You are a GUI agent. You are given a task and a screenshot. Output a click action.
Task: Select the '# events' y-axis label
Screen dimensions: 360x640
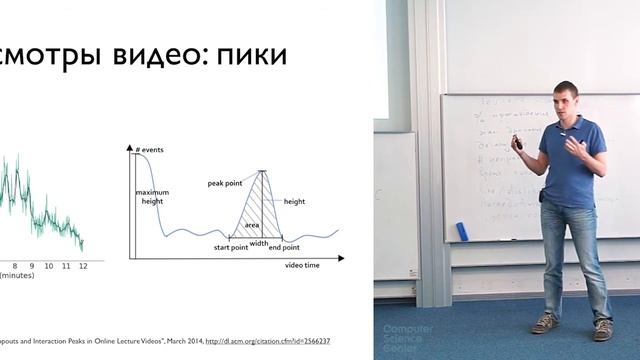coord(150,148)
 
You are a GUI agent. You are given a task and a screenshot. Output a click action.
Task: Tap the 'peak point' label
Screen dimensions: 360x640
coord(228,184)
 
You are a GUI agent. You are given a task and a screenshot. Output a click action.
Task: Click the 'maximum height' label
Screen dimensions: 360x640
coord(153,197)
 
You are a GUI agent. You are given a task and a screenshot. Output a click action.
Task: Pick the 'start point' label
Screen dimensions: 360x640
coord(235,247)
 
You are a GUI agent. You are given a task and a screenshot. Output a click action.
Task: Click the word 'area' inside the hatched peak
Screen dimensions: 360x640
coord(252,226)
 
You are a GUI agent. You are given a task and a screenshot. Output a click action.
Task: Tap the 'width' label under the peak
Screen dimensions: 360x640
coord(259,243)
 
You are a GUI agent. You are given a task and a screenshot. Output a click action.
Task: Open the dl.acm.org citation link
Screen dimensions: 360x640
coord(268,341)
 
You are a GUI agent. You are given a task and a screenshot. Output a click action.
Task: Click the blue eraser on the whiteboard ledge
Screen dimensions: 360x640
coord(462,231)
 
